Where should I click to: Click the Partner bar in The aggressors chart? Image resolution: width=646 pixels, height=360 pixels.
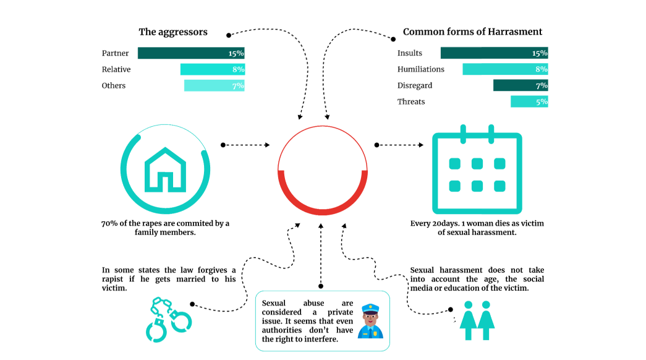pos(191,53)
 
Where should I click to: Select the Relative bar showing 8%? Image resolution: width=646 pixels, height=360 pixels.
pos(213,69)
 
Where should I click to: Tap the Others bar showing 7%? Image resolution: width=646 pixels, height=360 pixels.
pos(215,85)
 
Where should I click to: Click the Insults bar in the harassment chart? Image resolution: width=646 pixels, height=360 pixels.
pos(494,53)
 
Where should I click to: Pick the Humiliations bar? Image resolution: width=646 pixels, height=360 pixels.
pos(505,69)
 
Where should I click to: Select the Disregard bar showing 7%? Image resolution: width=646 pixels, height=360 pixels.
pos(521,85)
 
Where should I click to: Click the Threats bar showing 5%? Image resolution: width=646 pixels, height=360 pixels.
pos(529,101)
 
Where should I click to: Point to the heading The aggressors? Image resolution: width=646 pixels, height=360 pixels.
pos(173,32)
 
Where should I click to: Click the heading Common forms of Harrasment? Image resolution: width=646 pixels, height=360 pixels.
pos(472,32)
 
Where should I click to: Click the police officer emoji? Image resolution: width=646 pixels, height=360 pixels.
pos(370,320)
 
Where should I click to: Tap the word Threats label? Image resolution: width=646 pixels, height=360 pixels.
pos(411,101)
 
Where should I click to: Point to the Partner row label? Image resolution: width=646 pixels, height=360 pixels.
pos(116,53)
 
